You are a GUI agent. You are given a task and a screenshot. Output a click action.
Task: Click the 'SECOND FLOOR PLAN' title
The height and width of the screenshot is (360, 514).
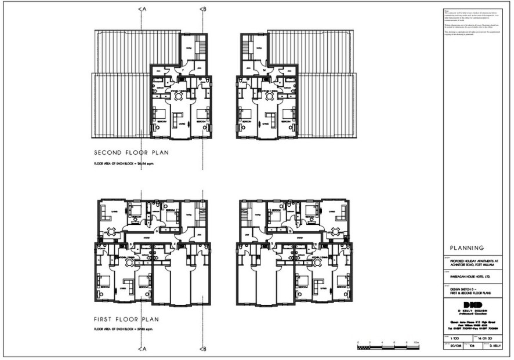(131, 154)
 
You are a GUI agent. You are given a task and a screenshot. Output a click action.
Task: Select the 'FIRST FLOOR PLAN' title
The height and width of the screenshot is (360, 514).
(127, 319)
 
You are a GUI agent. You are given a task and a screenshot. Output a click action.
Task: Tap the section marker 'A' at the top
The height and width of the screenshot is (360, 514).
(141, 9)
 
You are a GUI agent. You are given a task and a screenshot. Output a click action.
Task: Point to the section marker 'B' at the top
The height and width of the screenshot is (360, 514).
(202, 9)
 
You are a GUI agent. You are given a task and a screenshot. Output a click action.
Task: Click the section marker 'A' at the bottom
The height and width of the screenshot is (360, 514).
(141, 349)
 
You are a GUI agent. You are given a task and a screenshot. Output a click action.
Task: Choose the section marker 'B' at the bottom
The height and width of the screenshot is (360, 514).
(202, 349)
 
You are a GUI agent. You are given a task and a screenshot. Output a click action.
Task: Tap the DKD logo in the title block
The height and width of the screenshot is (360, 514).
(473, 305)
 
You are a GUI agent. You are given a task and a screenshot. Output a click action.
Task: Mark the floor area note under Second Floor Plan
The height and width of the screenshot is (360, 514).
(125, 164)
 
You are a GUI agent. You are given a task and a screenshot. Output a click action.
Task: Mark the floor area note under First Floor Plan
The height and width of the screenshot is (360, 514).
(125, 329)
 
